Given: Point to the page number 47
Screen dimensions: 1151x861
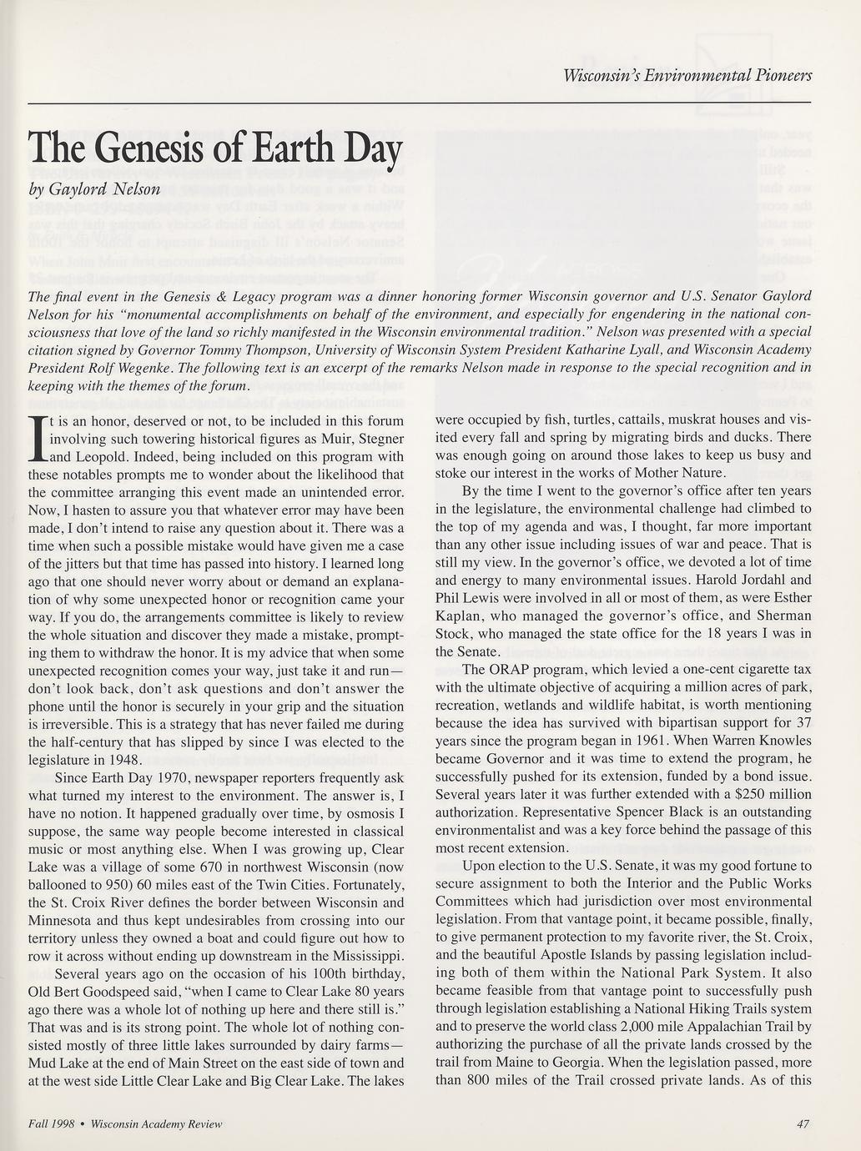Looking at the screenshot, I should tap(803, 1123).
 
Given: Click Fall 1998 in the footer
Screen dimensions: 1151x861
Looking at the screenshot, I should tap(52, 1123).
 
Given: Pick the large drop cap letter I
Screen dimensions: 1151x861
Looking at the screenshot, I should tap(38, 438).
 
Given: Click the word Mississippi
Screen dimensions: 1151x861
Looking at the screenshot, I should tap(362, 956).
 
